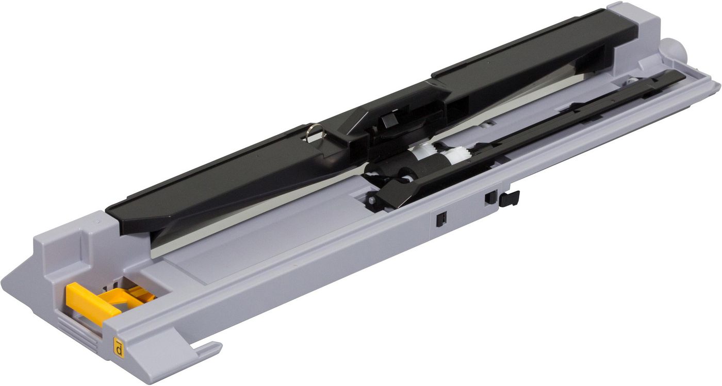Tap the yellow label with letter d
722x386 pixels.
[x=119, y=348]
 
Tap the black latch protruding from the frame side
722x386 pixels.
[x=509, y=198]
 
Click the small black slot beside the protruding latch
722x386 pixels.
[x=490, y=198]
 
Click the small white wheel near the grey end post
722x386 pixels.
[x=631, y=81]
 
